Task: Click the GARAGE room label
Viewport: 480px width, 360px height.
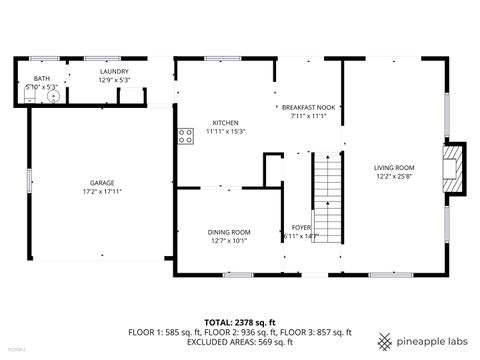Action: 101,183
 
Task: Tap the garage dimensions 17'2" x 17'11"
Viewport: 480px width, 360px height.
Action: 101,191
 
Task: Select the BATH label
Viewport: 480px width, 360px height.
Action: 41,78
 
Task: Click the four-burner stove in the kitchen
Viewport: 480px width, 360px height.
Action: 185,136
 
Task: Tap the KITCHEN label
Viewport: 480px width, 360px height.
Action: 225,123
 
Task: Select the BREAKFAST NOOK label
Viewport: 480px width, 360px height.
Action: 308,107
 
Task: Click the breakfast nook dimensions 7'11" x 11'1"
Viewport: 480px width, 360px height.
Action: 308,115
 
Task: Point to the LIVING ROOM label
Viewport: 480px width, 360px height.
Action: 394,168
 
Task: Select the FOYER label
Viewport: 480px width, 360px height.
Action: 301,228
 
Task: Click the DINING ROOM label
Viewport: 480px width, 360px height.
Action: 228,232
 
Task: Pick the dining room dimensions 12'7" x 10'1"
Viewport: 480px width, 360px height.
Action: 228,240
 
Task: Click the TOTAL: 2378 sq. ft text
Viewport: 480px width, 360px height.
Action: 239,322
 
